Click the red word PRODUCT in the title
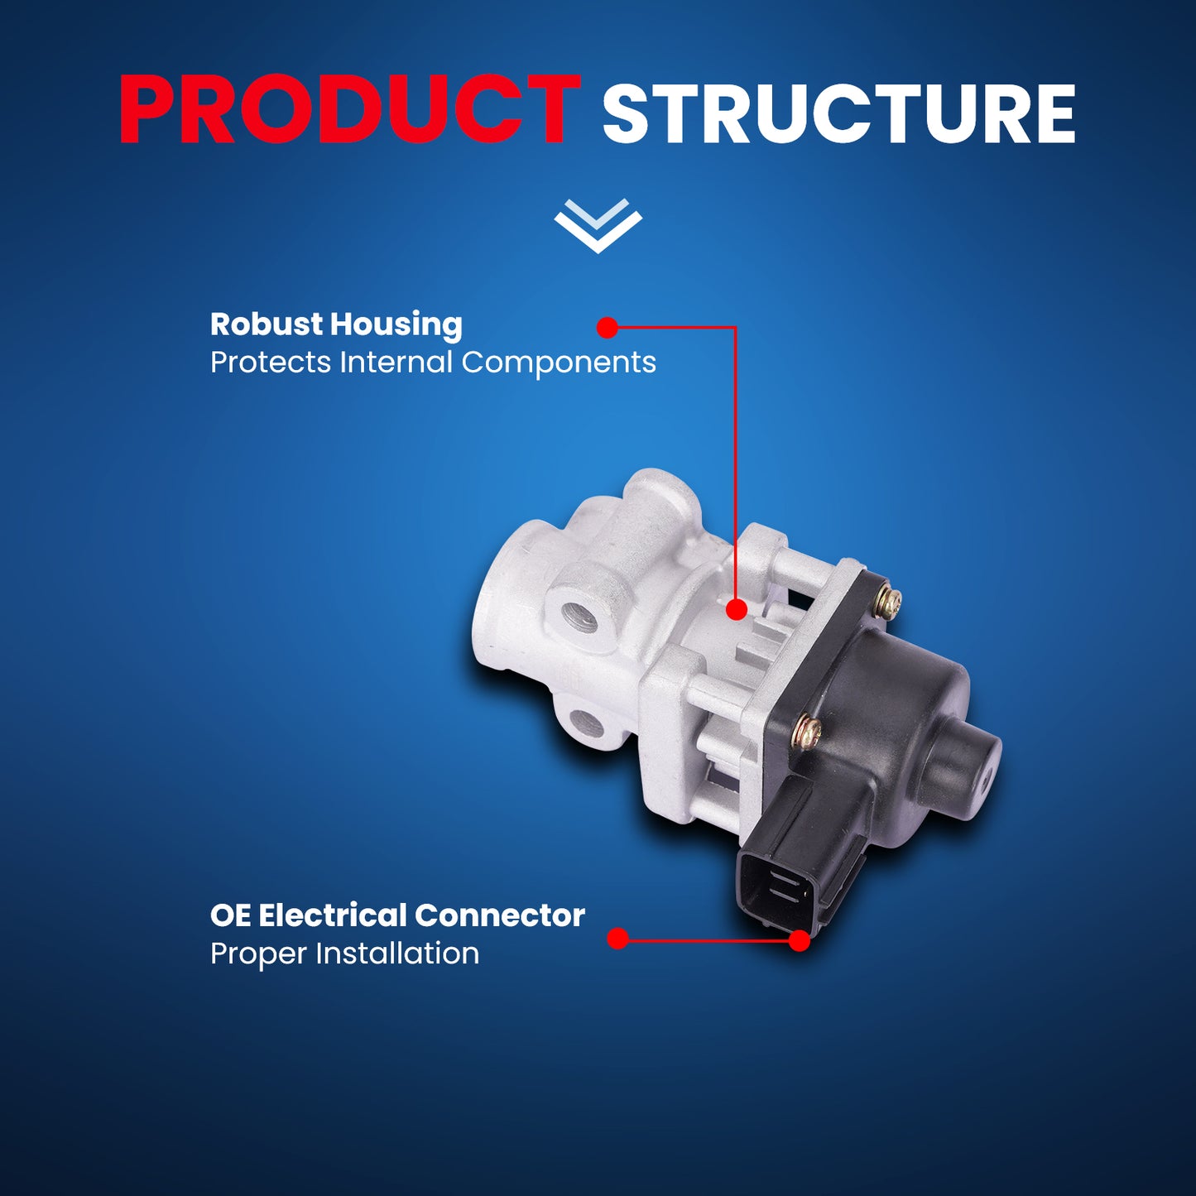point(349,110)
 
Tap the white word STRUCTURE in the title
point(839,113)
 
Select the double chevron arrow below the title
point(598,225)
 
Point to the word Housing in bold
point(396,325)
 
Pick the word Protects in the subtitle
point(271,363)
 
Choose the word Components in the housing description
point(559,363)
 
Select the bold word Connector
point(500,915)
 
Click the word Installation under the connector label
point(397,953)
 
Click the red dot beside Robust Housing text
point(607,327)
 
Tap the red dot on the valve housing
point(736,609)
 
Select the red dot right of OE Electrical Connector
point(617,939)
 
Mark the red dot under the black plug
point(800,940)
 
